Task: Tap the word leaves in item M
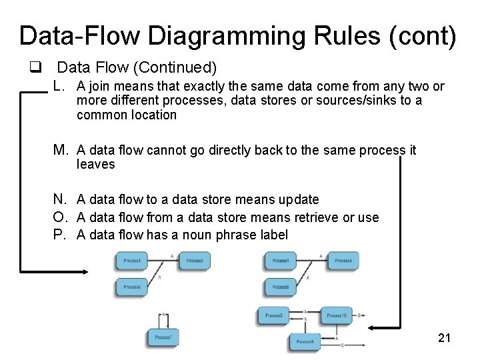click(x=96, y=164)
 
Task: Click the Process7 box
click(x=163, y=337)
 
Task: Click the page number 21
click(x=444, y=338)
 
